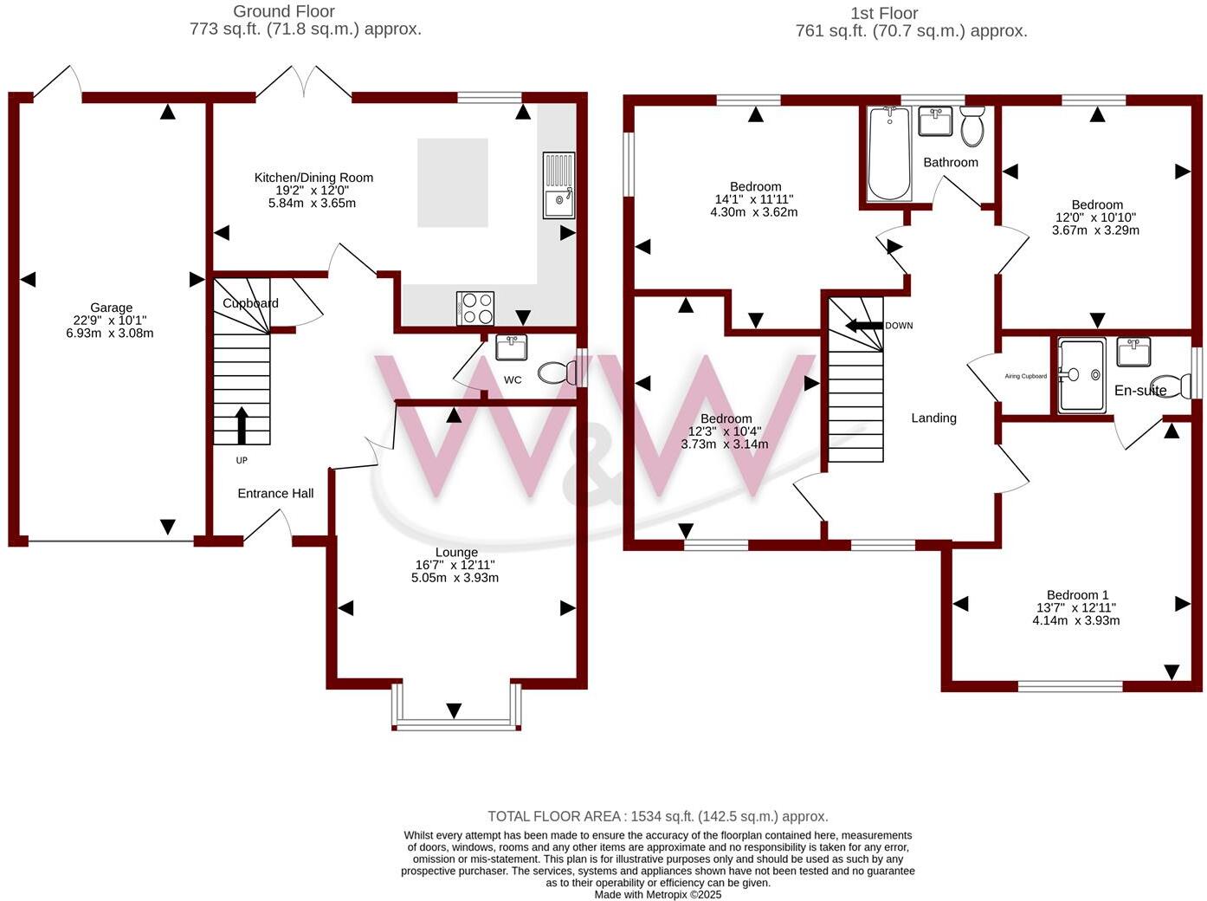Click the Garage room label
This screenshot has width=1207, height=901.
click(x=111, y=308)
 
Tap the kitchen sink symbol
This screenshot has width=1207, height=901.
click(x=558, y=185)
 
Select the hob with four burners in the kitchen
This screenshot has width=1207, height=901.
click(x=475, y=308)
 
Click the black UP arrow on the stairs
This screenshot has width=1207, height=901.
click(x=242, y=425)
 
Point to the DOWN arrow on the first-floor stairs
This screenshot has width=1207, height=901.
click(x=863, y=326)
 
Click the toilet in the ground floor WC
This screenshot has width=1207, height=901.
click(x=558, y=373)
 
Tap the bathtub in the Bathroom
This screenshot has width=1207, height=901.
click(x=888, y=153)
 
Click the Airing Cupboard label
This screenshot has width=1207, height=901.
click(x=1025, y=377)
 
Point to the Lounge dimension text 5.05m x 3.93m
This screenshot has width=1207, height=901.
click(x=455, y=578)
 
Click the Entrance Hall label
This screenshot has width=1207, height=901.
click(x=275, y=494)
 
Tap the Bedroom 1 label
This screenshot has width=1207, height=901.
click(x=1077, y=595)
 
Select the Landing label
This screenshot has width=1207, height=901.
click(x=933, y=418)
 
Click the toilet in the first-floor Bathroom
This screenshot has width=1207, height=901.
click(x=972, y=127)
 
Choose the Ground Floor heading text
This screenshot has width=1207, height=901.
click(x=284, y=11)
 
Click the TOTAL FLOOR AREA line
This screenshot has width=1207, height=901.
click(x=657, y=816)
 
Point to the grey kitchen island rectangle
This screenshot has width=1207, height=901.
click(x=452, y=182)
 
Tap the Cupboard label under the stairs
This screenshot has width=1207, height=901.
click(x=250, y=303)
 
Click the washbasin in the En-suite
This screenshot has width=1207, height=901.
click(x=1133, y=352)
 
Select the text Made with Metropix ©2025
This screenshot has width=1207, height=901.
click(x=657, y=894)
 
